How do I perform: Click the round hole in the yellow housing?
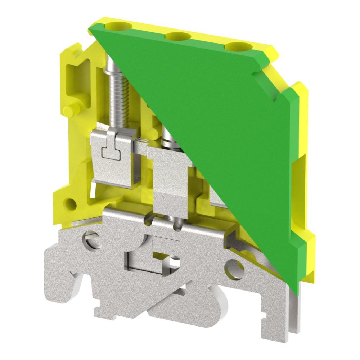(x=71, y=204)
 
